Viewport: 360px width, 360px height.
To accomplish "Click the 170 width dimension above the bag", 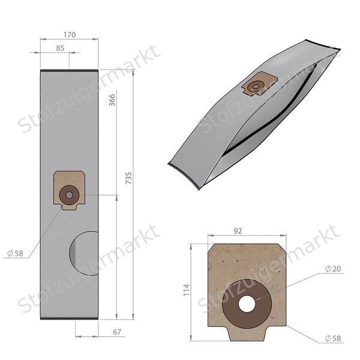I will pos(70,35).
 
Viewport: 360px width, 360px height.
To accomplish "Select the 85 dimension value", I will pos(60,49).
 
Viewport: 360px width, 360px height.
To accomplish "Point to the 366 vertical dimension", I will pos(112,100).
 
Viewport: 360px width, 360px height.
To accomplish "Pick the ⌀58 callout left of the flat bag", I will pos(15,254).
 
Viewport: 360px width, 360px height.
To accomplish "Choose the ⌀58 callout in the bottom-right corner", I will pos(332,338).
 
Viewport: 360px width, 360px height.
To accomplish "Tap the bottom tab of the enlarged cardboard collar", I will pos(246,334).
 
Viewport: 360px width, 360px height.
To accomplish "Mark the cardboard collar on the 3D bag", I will pos(259,84).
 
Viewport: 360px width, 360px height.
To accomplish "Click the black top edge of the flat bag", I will pos(69,71).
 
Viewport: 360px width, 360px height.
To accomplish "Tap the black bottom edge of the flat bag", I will pos(69,318).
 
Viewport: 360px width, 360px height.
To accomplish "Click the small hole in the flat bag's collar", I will pos(69,194).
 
